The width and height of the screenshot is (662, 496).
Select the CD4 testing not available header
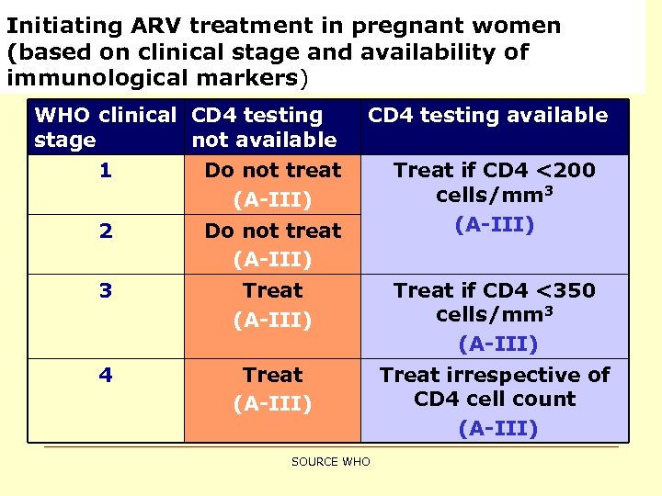(264, 128)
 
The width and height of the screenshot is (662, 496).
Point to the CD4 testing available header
(487, 116)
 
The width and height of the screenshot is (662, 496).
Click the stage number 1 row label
(106, 171)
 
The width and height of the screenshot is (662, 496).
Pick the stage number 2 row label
(106, 231)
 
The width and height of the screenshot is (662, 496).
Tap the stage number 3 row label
(106, 291)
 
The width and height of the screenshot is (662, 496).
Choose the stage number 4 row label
(106, 376)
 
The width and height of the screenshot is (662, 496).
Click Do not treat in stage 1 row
(272, 171)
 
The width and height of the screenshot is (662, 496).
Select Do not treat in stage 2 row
(272, 231)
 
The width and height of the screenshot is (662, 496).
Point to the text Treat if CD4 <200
(495, 171)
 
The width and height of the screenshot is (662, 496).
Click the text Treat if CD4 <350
(495, 291)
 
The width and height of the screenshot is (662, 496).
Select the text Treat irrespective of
(495, 376)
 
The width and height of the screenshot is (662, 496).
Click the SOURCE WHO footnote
(330, 462)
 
